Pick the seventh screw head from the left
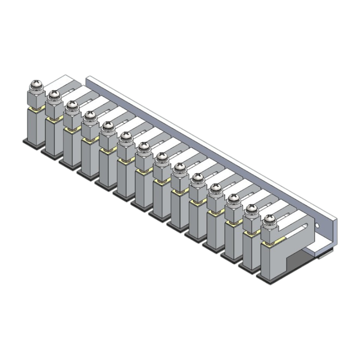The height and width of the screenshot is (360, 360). (x=144, y=147)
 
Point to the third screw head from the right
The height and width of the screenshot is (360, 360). (x=234, y=199)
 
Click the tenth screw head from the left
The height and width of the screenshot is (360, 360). (x=197, y=178)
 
